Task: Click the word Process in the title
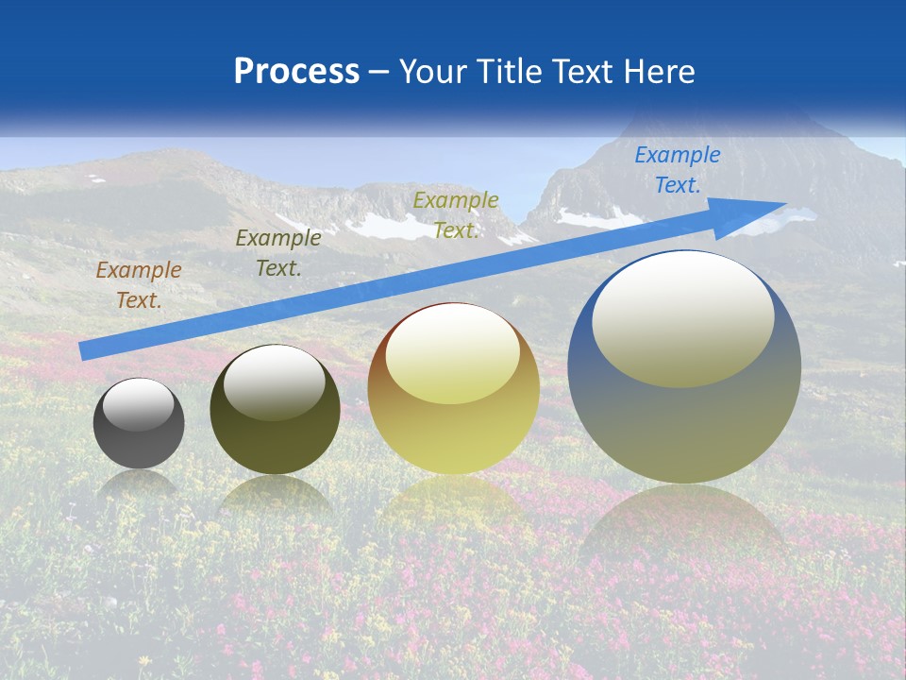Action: click(x=296, y=72)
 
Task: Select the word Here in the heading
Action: click(x=659, y=72)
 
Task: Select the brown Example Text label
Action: click(x=138, y=285)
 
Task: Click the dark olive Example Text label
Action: click(x=277, y=253)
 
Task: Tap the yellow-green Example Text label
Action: click(x=455, y=214)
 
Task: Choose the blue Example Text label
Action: click(x=677, y=170)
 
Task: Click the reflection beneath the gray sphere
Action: click(x=139, y=484)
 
